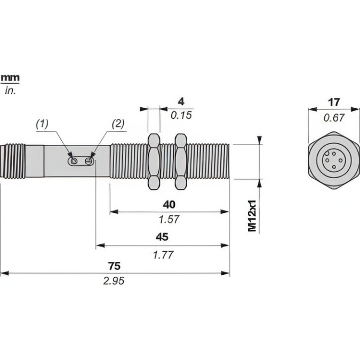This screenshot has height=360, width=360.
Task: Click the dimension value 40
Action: click(x=169, y=204)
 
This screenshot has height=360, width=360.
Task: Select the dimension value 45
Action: click(x=163, y=237)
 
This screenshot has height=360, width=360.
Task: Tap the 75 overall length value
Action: click(x=114, y=266)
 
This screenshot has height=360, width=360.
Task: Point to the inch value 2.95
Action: click(x=114, y=281)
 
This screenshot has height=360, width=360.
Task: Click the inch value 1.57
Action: click(x=169, y=219)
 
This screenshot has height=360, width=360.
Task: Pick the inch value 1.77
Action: click(x=163, y=254)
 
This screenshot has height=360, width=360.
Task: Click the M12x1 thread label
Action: click(x=252, y=216)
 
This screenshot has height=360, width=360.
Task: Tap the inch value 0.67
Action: click(x=334, y=118)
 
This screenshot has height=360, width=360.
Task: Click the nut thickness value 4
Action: click(x=181, y=101)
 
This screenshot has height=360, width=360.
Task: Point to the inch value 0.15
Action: click(x=181, y=115)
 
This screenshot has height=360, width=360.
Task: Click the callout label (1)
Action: click(x=42, y=124)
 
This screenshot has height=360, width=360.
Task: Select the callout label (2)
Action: click(x=118, y=124)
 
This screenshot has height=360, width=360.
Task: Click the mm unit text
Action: click(x=10, y=78)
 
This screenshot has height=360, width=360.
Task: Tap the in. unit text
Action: click(x=10, y=91)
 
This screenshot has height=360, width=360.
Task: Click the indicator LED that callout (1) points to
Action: click(x=74, y=161)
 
